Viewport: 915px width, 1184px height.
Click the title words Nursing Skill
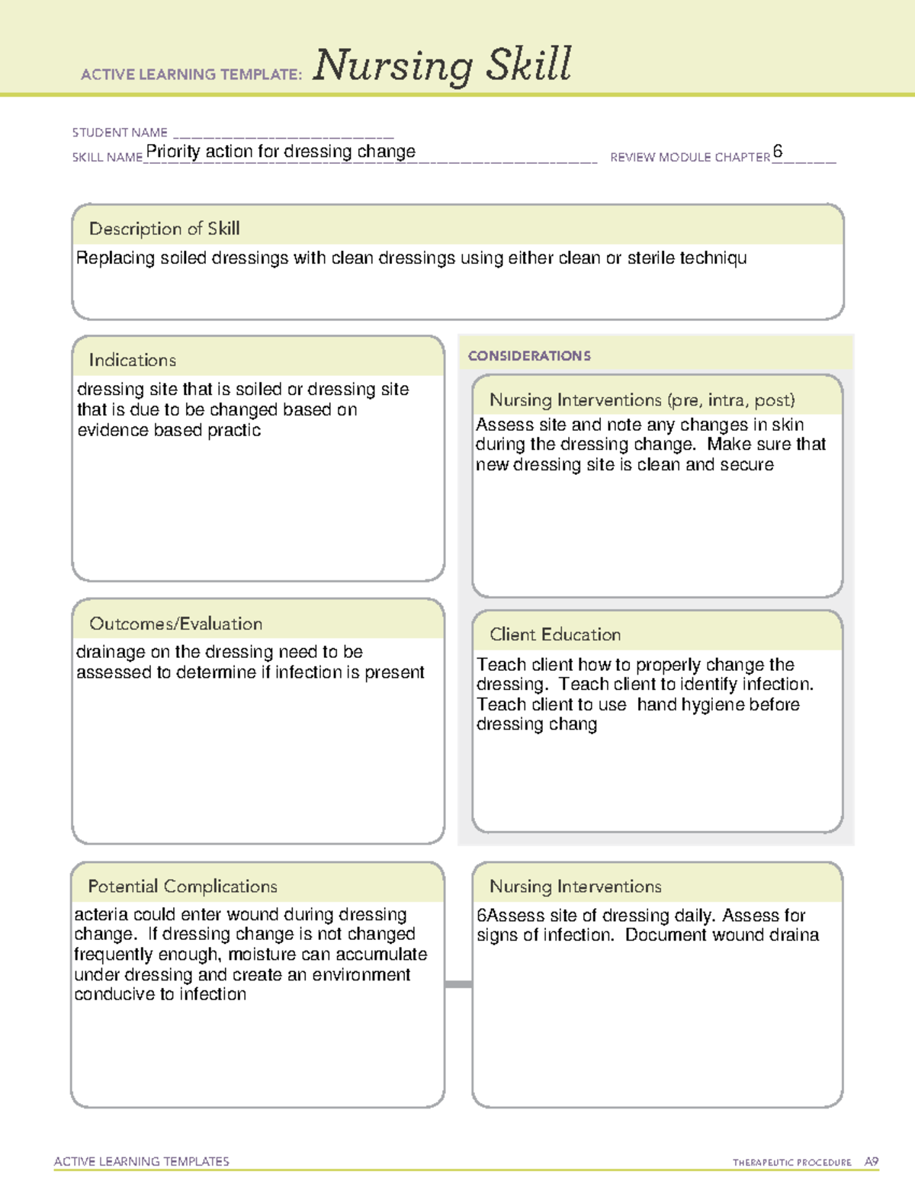[441, 65]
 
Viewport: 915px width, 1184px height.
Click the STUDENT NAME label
[120, 133]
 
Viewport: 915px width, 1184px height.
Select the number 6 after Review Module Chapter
[777, 151]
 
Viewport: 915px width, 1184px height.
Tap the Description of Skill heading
[164, 229]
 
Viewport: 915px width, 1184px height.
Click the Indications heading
[132, 360]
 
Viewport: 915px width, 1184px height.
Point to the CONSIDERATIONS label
[529, 356]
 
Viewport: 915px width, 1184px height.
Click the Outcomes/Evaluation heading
[175, 624]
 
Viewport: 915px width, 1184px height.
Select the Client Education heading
[554, 634]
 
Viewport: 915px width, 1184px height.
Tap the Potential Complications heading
[182, 886]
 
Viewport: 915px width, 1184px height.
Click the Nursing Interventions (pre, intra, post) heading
[641, 400]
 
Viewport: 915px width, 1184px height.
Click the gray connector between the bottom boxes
[458, 984]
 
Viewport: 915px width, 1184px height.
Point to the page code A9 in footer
[871, 1162]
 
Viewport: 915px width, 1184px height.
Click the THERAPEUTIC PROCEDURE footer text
[791, 1163]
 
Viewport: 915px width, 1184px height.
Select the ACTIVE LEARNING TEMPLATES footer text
[141, 1161]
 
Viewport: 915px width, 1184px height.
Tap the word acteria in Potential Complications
[101, 915]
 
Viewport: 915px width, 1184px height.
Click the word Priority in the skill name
[173, 152]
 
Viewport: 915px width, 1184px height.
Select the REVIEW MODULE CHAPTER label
[689, 157]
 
